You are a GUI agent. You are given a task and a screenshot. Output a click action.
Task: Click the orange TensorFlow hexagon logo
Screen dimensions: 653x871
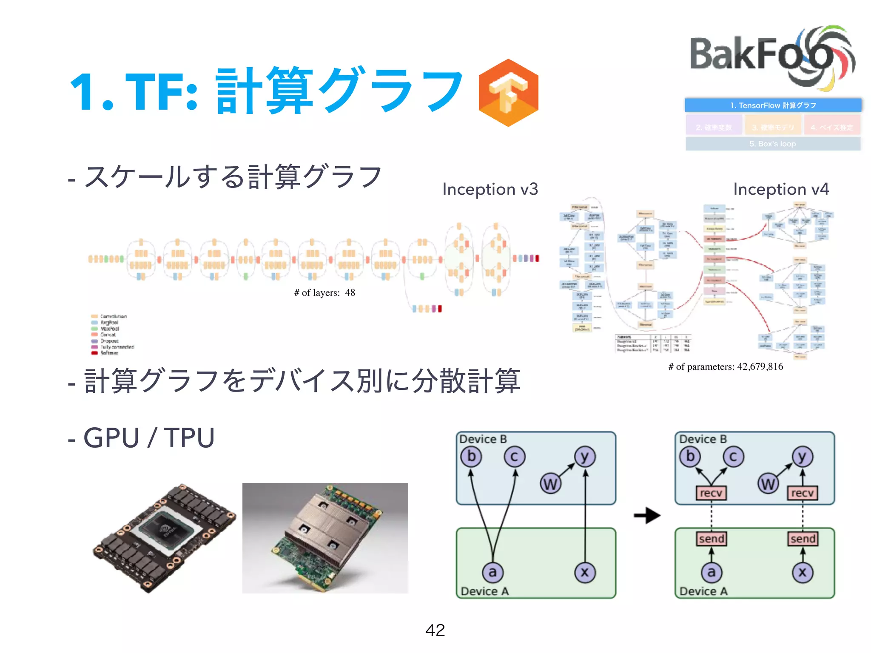pos(508,93)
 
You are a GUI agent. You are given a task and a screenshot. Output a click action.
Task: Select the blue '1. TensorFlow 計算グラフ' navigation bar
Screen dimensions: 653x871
pos(773,105)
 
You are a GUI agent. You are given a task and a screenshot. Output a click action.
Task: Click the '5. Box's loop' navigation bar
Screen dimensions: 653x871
pos(773,144)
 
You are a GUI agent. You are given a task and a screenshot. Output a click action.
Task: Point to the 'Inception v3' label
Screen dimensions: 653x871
pos(490,189)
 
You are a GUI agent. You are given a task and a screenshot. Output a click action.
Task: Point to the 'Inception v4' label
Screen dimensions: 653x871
pos(781,189)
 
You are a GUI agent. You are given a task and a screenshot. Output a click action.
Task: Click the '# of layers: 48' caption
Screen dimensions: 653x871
pos(324,292)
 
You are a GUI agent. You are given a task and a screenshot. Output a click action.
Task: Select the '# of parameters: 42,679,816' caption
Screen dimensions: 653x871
pos(726,366)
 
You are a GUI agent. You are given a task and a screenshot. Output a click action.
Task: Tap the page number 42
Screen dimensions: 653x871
pos(435,630)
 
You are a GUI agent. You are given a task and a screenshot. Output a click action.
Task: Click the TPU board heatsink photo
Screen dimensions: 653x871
pos(325,538)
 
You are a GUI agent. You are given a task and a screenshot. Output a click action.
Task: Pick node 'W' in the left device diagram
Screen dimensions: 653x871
pos(550,484)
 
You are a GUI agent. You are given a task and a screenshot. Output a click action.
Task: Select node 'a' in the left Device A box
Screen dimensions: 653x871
pos(492,572)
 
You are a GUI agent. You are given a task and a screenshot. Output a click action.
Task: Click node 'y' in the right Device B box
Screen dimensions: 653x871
pos(802,457)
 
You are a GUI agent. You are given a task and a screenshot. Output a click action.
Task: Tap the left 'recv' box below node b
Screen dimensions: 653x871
pos(711,493)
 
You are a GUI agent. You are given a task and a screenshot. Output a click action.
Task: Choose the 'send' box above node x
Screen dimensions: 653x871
pos(802,539)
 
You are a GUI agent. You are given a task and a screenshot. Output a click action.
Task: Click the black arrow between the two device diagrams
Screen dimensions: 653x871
pos(646,516)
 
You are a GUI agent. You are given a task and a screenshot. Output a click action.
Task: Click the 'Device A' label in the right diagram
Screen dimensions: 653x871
pos(703,591)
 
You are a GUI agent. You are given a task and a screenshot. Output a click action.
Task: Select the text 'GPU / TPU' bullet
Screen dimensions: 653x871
pos(149,438)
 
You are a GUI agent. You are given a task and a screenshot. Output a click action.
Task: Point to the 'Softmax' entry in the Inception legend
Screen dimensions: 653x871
pos(109,353)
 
